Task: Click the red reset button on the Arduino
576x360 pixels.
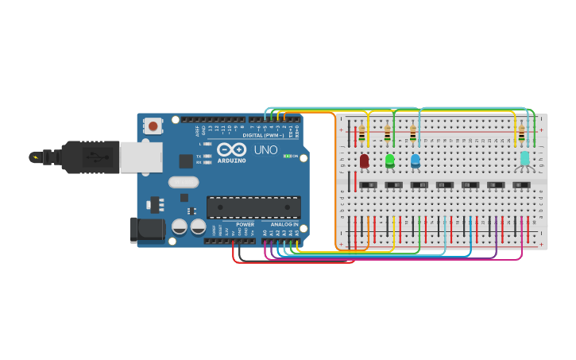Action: (153, 126)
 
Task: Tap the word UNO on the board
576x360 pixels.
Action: (265, 149)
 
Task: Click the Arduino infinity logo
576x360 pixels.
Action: (231, 149)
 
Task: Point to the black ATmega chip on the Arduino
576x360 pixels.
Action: (253, 207)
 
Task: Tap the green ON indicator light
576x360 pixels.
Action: (286, 156)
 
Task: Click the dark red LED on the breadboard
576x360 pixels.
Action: (364, 161)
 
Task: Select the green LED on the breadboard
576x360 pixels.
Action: (389, 161)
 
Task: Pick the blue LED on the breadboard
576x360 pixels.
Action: (415, 161)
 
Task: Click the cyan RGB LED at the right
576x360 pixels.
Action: (524, 159)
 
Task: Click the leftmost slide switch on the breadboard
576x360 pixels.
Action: (368, 185)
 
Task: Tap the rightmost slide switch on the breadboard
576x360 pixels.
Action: (521, 185)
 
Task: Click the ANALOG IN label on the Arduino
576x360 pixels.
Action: (284, 224)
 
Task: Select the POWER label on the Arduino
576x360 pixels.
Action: (245, 224)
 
